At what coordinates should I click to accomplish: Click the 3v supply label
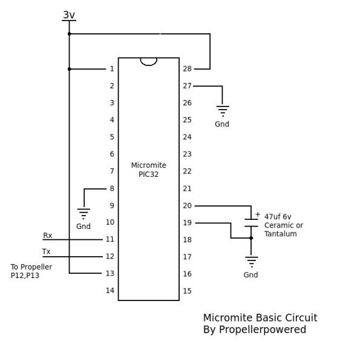(x=69, y=15)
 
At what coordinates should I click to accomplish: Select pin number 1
(x=112, y=68)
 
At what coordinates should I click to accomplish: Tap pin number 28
(x=187, y=68)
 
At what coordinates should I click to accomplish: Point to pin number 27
(x=187, y=86)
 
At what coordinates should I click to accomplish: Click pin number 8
(x=112, y=188)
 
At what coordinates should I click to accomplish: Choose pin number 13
(x=110, y=274)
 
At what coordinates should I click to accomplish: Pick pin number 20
(x=187, y=206)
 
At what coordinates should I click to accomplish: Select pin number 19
(x=187, y=223)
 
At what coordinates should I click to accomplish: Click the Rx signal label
(x=48, y=236)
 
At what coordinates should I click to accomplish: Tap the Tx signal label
(x=46, y=251)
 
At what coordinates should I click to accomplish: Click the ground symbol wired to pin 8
(x=83, y=214)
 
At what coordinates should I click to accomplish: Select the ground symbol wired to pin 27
(x=223, y=111)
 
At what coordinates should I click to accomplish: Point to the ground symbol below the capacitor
(x=252, y=262)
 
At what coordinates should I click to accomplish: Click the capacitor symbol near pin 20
(x=251, y=223)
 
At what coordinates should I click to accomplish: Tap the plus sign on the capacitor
(x=258, y=214)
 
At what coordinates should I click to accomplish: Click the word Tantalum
(x=281, y=234)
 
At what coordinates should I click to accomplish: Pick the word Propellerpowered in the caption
(x=263, y=329)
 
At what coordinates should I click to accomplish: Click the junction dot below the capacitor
(x=251, y=238)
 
